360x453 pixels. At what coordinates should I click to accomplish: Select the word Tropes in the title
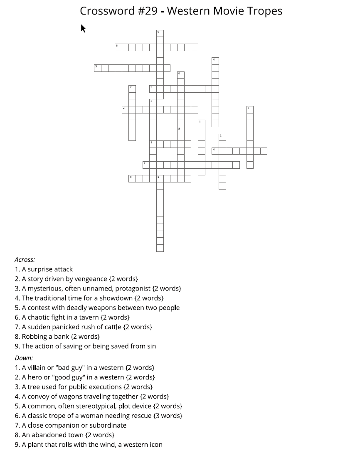(x=264, y=11)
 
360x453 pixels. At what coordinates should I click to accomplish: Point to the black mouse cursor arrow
(x=83, y=28)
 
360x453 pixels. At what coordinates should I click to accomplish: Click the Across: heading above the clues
(x=25, y=260)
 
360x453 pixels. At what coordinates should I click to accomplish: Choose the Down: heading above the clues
(x=24, y=358)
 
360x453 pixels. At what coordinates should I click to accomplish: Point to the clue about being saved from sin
(x=85, y=346)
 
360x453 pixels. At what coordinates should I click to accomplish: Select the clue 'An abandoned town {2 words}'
(x=64, y=435)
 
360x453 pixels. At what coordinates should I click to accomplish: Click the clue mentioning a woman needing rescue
(x=99, y=416)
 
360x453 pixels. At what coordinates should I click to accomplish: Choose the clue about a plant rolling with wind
(x=89, y=445)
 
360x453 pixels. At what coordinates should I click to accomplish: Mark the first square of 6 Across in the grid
(x=118, y=47)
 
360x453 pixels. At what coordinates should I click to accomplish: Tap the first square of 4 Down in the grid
(x=215, y=61)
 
